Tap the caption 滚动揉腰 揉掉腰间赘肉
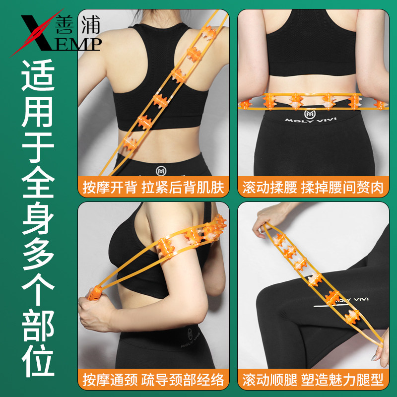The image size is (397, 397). (x=313, y=188)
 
